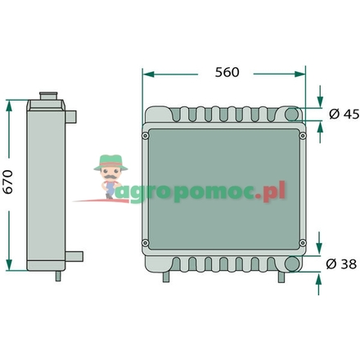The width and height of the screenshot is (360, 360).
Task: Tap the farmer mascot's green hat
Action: pyautogui.click(x=107, y=161)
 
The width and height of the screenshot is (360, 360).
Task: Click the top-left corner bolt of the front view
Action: pyautogui.click(x=146, y=135)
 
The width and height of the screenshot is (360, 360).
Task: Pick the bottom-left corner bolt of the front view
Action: pyautogui.click(x=146, y=241)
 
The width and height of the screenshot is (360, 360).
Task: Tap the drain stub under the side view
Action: pyautogui.click(x=59, y=276)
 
